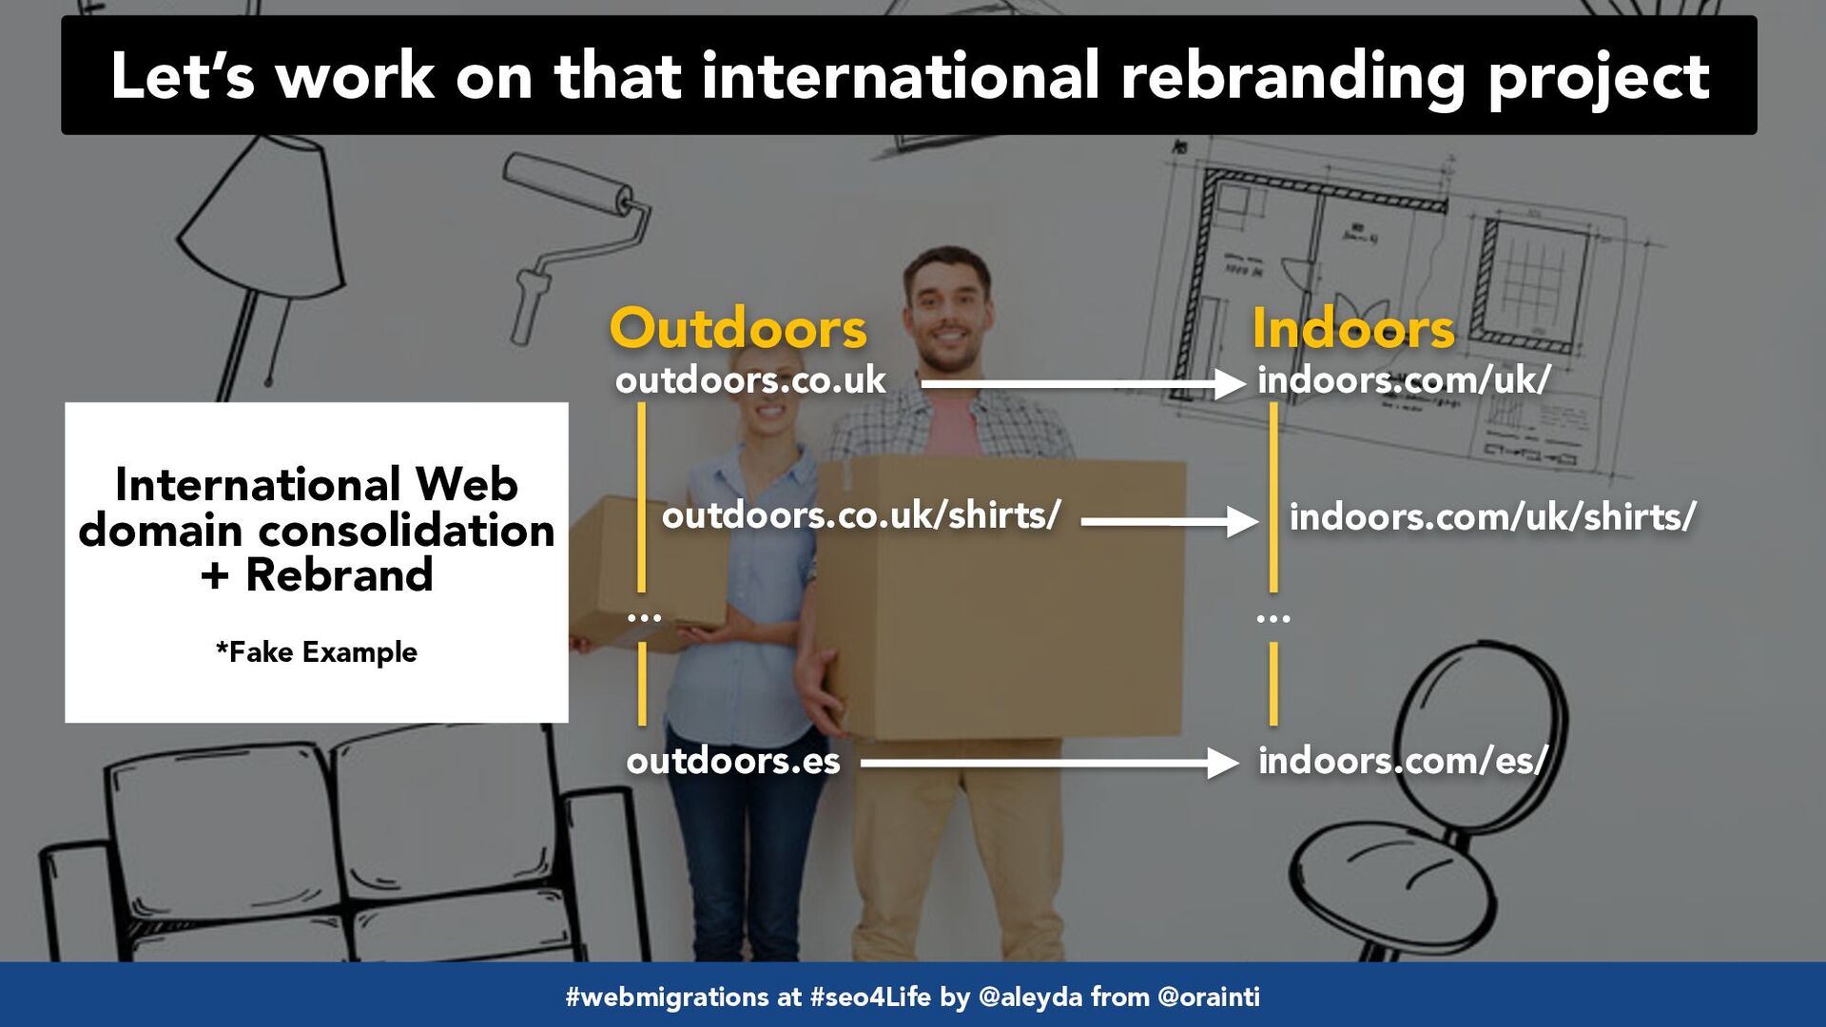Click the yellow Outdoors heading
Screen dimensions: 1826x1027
click(738, 329)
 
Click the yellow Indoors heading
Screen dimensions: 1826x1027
click(1353, 329)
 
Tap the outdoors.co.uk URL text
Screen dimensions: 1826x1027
click(750, 380)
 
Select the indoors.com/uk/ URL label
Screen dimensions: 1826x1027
click(1404, 380)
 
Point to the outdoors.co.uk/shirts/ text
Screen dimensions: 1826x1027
click(861, 515)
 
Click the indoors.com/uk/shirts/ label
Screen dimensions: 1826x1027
click(1492, 517)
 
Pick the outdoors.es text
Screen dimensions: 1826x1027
click(733, 761)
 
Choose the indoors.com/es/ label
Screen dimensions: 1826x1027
click(1403, 761)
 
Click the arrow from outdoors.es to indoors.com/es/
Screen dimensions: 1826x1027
click(1050, 763)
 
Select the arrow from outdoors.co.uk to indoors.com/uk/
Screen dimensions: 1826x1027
click(1083, 384)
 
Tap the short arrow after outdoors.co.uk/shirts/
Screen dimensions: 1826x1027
click(1170, 521)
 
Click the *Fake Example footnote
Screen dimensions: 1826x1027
click(317, 652)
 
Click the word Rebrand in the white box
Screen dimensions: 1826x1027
click(339, 575)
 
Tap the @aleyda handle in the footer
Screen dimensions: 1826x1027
click(1030, 997)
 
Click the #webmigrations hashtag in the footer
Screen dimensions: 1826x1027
click(667, 997)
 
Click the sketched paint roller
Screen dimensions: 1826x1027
click(571, 238)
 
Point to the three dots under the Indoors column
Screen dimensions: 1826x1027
click(1273, 619)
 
